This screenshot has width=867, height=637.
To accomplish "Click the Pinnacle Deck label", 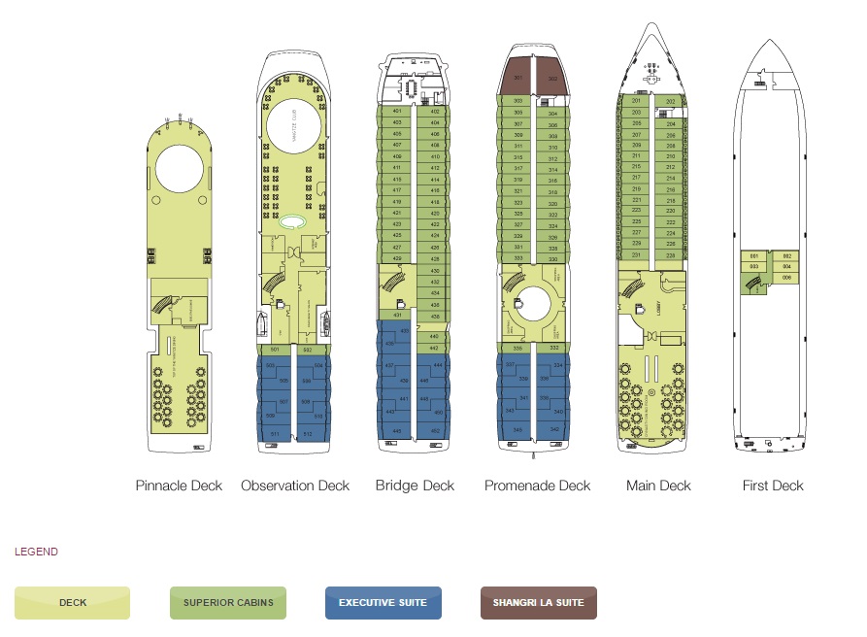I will coord(179,486).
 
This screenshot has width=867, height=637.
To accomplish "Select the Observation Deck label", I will coord(295,486).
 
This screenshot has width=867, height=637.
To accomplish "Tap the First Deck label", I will coord(773,486).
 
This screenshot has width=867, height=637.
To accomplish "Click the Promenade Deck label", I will coord(537,486).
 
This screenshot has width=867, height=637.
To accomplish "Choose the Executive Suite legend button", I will coord(383,603).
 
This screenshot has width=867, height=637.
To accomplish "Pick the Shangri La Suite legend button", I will coord(538,603).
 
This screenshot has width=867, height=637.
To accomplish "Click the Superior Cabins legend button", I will coord(227,603).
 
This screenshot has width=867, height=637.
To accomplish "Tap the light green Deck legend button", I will coord(73,603).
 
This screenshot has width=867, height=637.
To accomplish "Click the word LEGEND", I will coord(36,552).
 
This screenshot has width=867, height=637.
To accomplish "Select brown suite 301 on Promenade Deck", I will coord(518,78).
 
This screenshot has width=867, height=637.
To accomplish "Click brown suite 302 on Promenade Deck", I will coord(552,78).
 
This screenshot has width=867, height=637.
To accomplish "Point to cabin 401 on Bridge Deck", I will coord(397,112).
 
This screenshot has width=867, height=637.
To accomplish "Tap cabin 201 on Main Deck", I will coord(636,101).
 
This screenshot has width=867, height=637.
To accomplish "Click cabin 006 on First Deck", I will coord(786,277).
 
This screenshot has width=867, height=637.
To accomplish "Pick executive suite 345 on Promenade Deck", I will coord(517,429).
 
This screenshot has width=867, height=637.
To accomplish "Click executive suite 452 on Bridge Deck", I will coord(435,430).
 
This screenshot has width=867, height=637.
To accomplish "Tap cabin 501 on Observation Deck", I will coord(276,350).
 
